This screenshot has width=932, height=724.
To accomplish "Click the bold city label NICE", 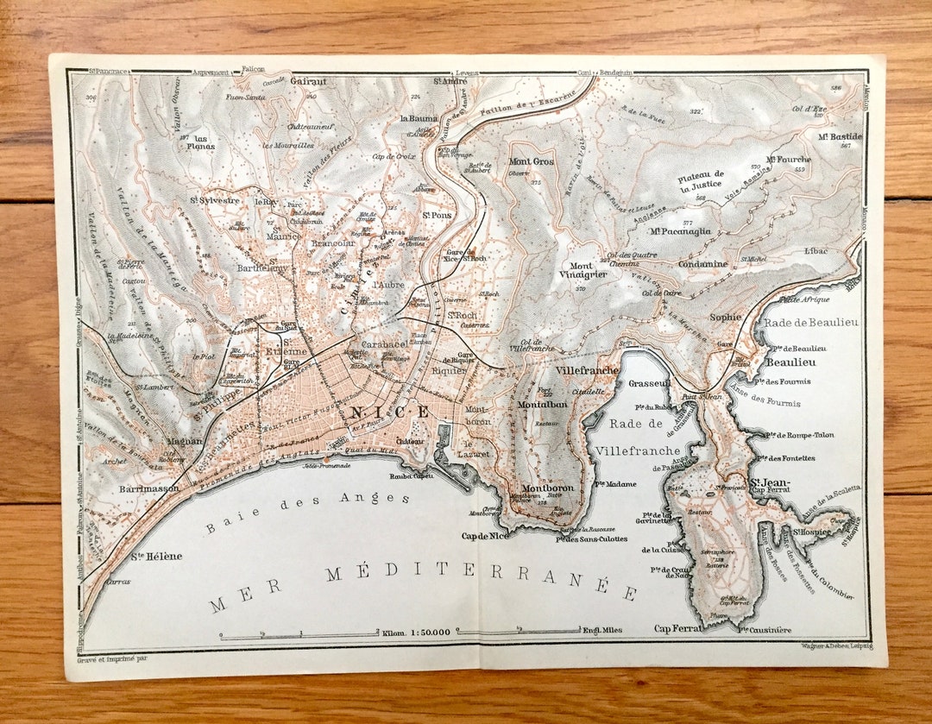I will (x=389, y=412).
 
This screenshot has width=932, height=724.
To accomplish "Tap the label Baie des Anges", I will (x=296, y=510).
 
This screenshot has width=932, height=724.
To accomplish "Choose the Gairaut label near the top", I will (x=308, y=80).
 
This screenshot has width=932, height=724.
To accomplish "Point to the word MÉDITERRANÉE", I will (x=482, y=581).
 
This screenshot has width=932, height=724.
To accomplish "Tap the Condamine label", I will (x=702, y=264).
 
